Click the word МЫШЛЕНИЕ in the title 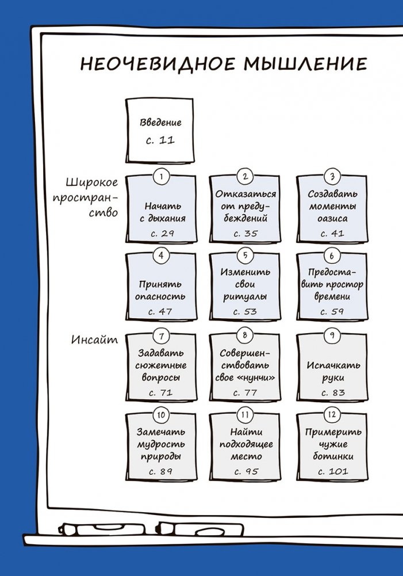click(x=305, y=63)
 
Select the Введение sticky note click(x=160, y=131)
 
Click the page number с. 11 click(x=160, y=140)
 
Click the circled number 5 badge click(x=245, y=255)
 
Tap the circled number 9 click(x=331, y=335)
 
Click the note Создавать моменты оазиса click(x=332, y=207)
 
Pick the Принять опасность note click(x=160, y=290)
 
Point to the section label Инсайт click(x=95, y=340)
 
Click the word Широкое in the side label click(x=93, y=183)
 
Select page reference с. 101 click(x=333, y=472)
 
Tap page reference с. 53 click(x=245, y=311)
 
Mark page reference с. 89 click(x=160, y=471)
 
